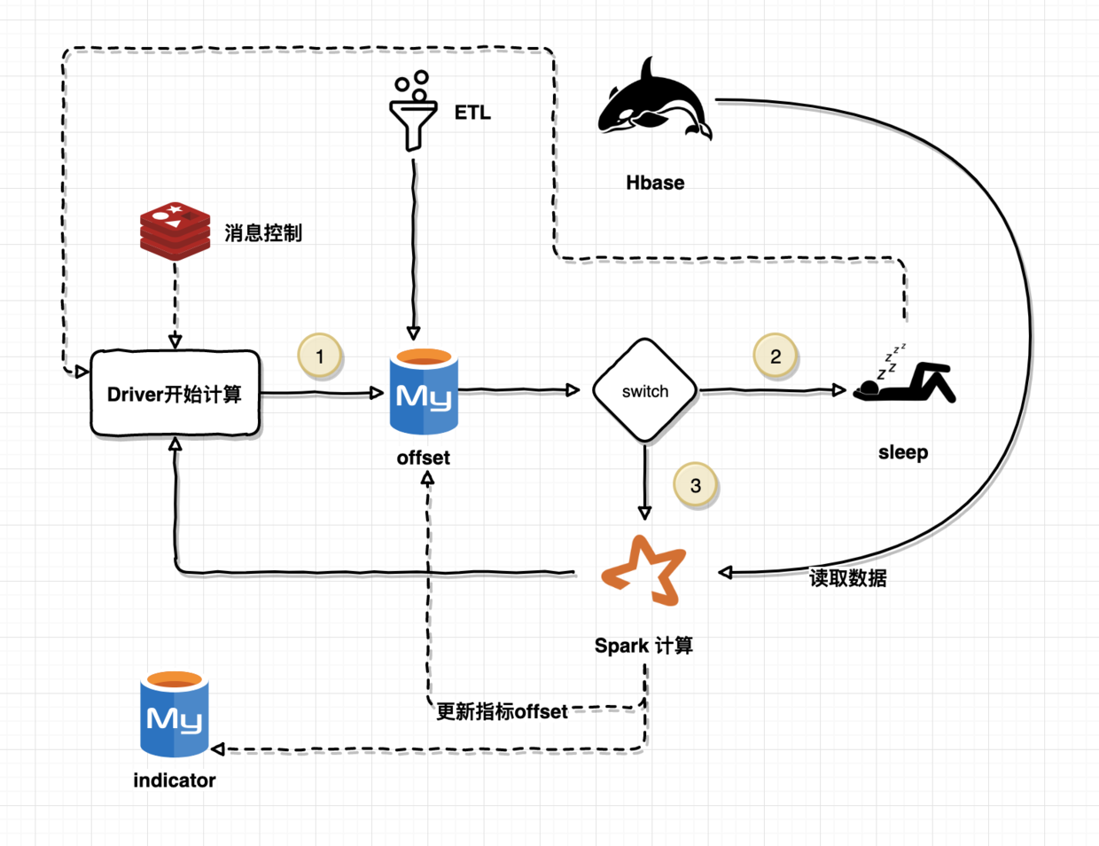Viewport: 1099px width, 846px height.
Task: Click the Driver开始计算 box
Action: pos(175,394)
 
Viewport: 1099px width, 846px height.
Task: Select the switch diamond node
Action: pos(645,391)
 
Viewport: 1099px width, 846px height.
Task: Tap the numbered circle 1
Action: pos(320,356)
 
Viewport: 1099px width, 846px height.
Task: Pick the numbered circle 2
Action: pos(776,356)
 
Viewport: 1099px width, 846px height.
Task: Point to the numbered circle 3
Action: pos(696,485)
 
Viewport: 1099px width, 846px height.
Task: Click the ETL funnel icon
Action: pos(413,113)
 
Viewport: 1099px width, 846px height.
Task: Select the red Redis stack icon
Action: pos(175,231)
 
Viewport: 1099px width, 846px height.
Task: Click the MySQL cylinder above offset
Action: pos(424,392)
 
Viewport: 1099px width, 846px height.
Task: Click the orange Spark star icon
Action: pos(645,571)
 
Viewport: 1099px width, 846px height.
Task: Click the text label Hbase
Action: pos(655,183)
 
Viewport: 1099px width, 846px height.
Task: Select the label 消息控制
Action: pos(263,233)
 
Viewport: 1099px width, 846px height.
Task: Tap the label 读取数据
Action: pos(848,578)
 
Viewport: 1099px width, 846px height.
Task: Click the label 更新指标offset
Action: pos(502,711)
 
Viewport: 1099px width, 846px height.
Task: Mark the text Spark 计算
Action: pos(643,646)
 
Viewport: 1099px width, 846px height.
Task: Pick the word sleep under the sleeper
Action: pos(903,452)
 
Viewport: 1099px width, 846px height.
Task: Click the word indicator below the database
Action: pos(175,780)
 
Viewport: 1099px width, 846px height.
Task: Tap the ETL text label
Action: pos(472,113)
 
